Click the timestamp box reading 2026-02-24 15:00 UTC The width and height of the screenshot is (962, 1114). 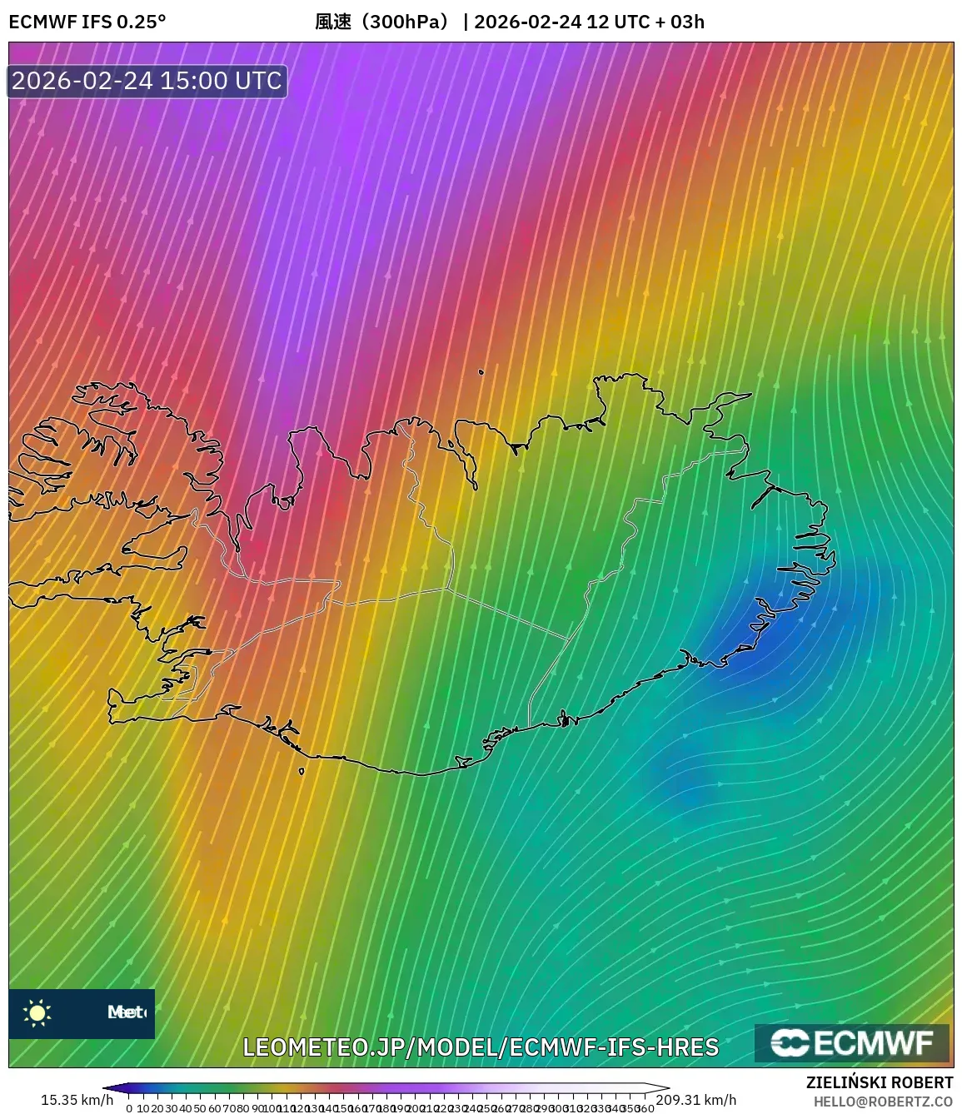click(x=147, y=81)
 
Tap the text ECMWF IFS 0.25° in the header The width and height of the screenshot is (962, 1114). click(x=87, y=22)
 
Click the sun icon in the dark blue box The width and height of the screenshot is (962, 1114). click(x=37, y=1012)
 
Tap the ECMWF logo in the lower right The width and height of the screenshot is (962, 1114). click(x=851, y=1042)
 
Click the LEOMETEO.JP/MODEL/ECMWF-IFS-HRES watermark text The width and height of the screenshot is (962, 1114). click(x=481, y=1047)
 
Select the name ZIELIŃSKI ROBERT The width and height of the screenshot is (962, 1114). click(x=879, y=1082)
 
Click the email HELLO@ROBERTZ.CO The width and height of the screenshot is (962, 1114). click(x=883, y=1101)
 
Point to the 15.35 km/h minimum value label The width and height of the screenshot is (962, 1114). click(x=77, y=1100)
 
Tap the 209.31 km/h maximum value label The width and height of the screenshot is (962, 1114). click(x=696, y=1100)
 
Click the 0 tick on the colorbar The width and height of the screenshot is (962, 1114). click(x=129, y=1108)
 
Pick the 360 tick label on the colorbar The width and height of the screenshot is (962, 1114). click(x=645, y=1108)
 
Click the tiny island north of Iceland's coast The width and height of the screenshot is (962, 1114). click(x=481, y=372)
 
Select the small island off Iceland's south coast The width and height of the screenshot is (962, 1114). click(x=302, y=771)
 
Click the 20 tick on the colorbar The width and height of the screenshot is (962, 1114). click(x=157, y=1108)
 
